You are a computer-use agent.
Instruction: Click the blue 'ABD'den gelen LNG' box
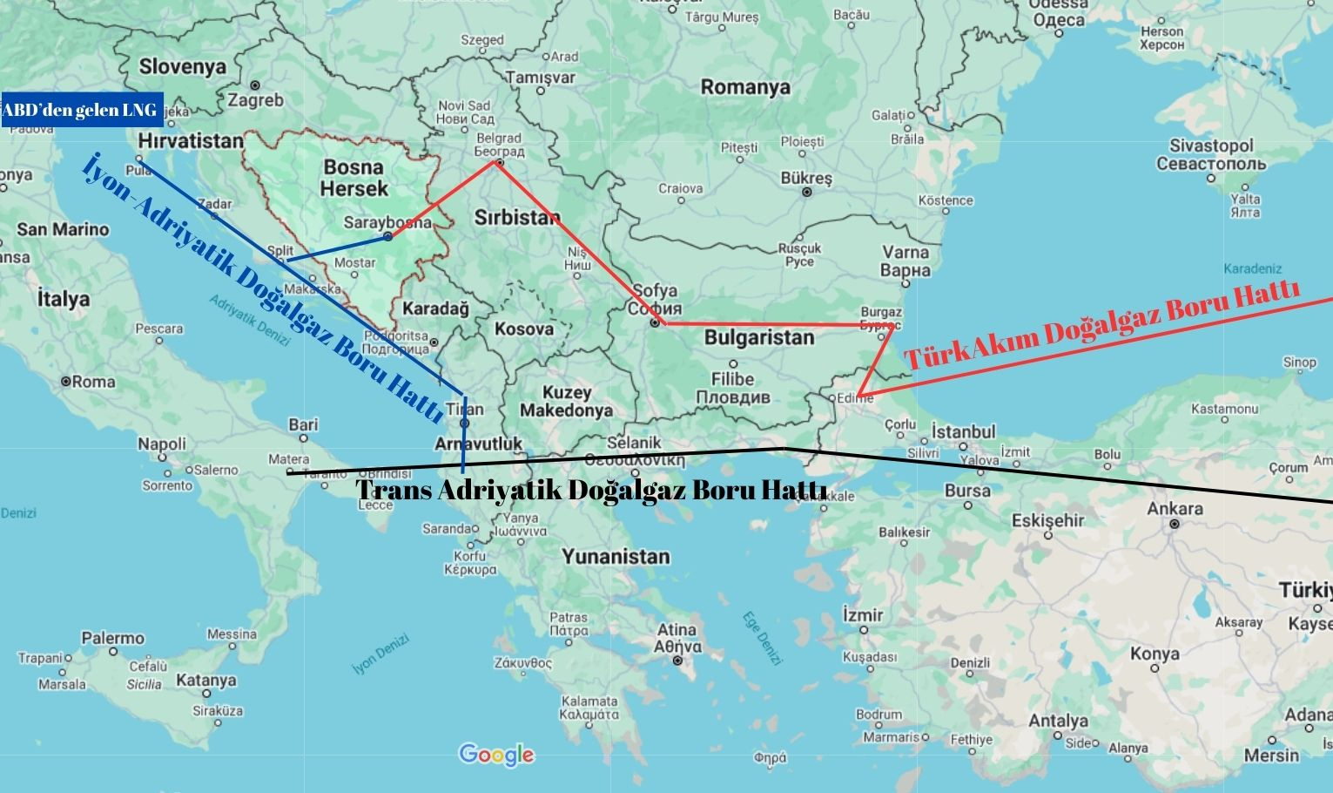coord(81,110)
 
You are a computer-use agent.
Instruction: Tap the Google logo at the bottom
coord(496,755)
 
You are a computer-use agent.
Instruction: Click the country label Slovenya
coord(182,66)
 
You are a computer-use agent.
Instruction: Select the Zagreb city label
coord(256,100)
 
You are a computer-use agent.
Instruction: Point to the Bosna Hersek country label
coord(353,178)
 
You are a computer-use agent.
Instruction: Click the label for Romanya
coord(745,87)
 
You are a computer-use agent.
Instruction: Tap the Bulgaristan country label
coord(759,337)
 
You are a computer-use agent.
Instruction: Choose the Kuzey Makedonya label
coord(566,401)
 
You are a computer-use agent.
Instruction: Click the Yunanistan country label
coord(616,556)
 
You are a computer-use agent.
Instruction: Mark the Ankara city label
coord(1175,509)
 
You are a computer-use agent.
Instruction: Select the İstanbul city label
coord(963,431)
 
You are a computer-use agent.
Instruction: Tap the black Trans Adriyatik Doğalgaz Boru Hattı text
coord(592,490)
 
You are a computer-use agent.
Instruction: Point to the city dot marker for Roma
coord(65,382)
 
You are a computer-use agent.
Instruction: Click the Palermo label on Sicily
coord(113,638)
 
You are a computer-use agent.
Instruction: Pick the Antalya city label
coord(1058,721)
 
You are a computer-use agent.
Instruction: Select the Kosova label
coord(524,329)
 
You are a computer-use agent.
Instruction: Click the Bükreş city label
coord(806,179)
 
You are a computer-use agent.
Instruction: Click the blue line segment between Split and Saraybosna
coord(338,247)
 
